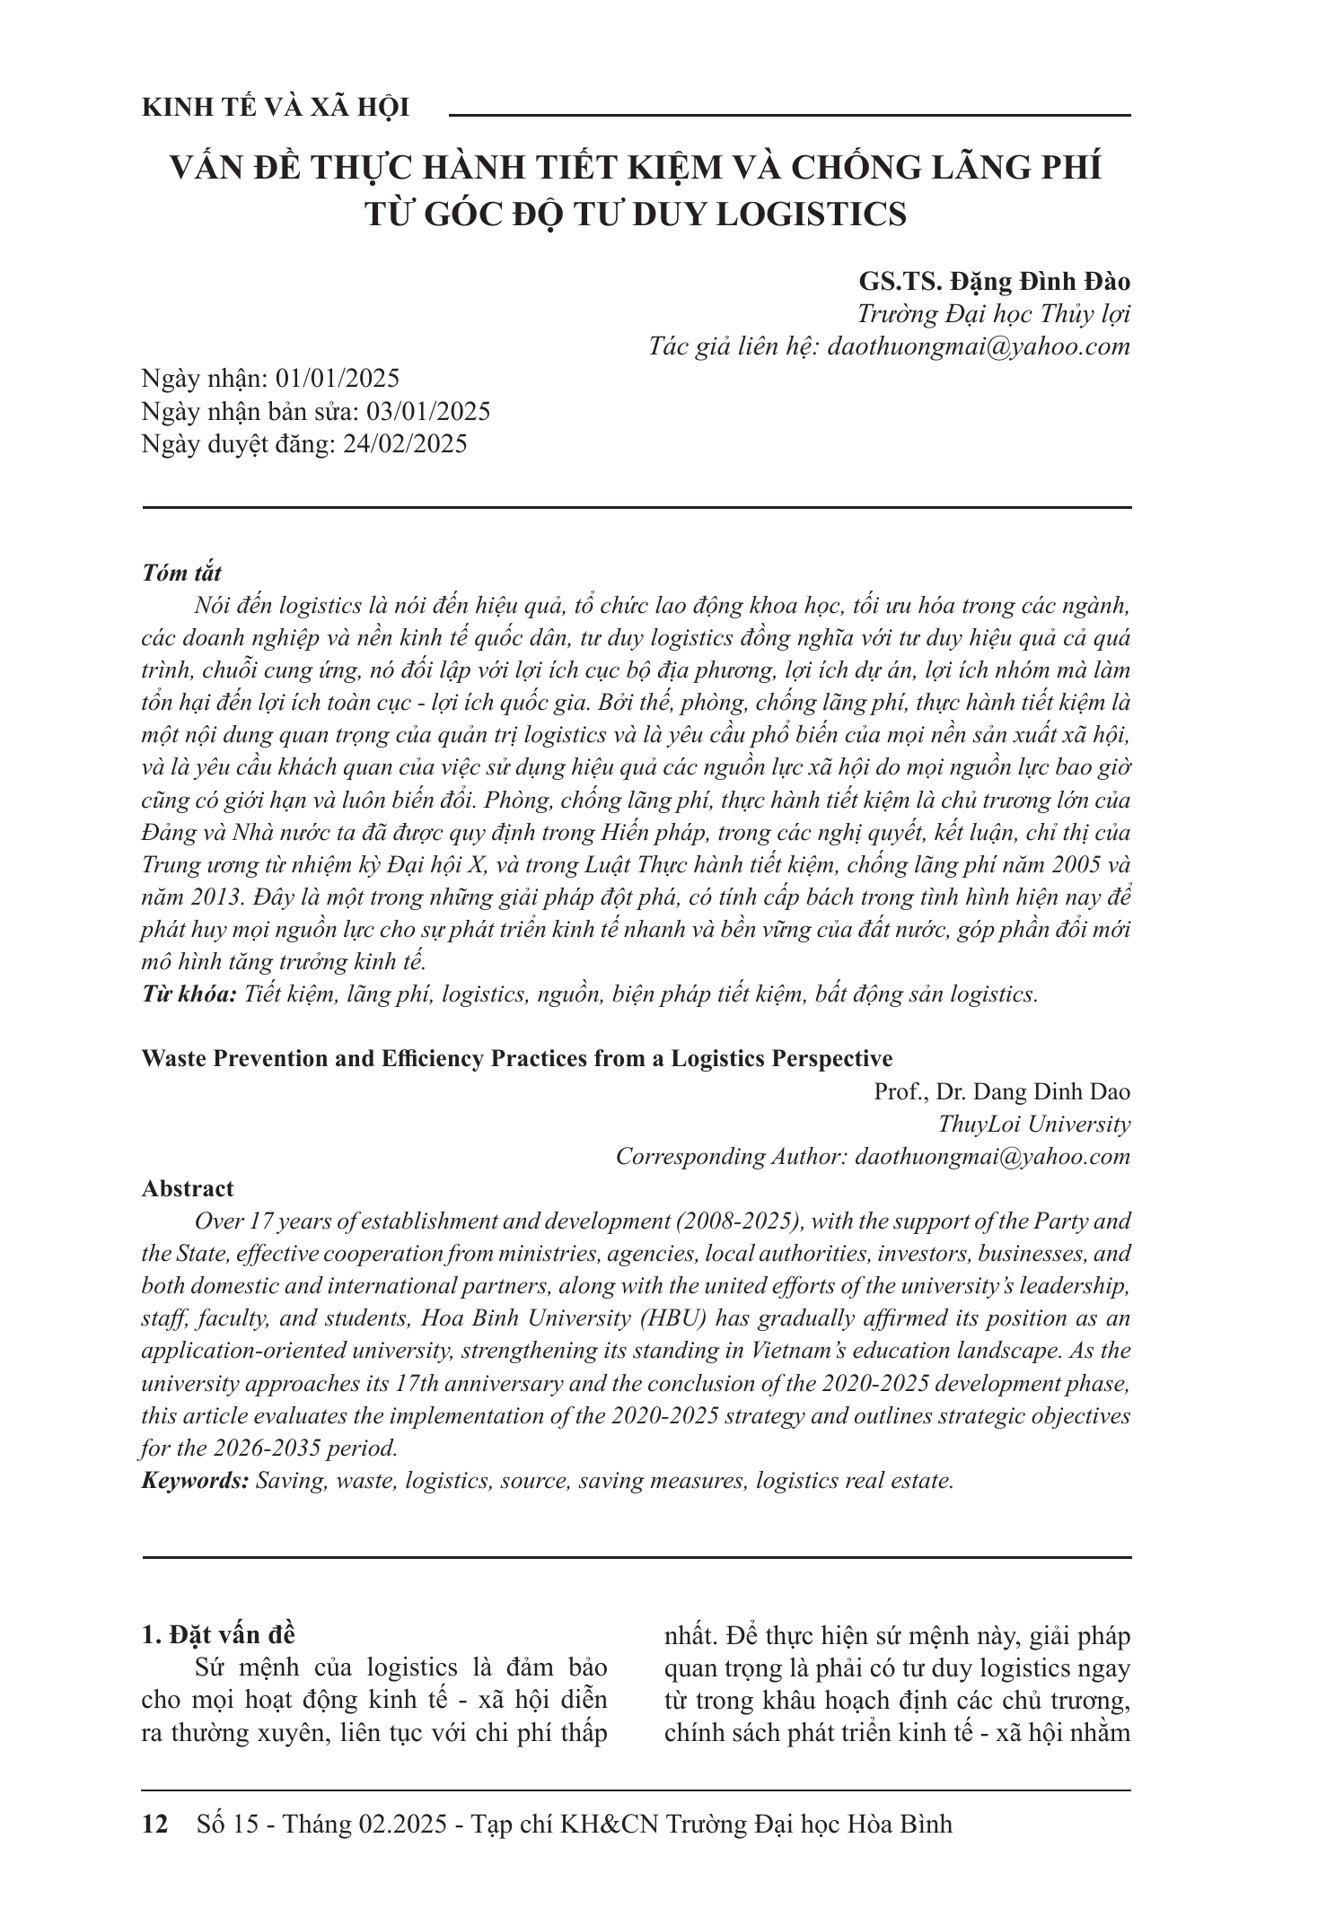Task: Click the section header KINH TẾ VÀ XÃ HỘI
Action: [x=276, y=108]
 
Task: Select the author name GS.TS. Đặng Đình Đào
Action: [x=994, y=281]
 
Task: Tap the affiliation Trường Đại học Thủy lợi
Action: [x=994, y=314]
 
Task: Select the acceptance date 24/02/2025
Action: [x=405, y=443]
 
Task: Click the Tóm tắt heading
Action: [x=181, y=573]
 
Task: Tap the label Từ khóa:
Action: [x=189, y=994]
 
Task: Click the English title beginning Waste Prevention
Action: [x=517, y=1058]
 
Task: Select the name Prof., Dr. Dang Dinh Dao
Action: [x=1002, y=1091]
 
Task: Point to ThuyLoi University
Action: [x=1033, y=1124]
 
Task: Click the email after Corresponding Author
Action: [x=993, y=1156]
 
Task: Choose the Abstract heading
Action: [x=188, y=1188]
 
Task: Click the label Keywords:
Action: [x=195, y=1481]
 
